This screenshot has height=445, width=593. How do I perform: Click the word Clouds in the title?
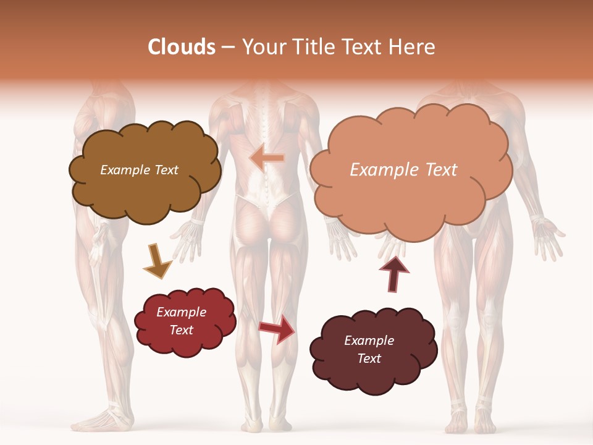click(x=182, y=47)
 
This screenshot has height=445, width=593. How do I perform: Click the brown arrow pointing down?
click(x=157, y=260)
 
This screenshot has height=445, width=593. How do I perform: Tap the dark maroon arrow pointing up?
click(x=393, y=273)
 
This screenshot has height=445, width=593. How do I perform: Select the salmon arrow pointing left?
click(x=267, y=158)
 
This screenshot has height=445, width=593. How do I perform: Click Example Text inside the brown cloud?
click(x=139, y=170)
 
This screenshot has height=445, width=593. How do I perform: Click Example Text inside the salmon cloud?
click(x=403, y=170)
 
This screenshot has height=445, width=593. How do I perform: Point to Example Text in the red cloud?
click(x=181, y=321)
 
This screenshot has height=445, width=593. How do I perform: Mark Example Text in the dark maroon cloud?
click(x=369, y=349)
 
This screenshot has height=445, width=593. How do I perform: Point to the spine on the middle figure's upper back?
click(x=266, y=124)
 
